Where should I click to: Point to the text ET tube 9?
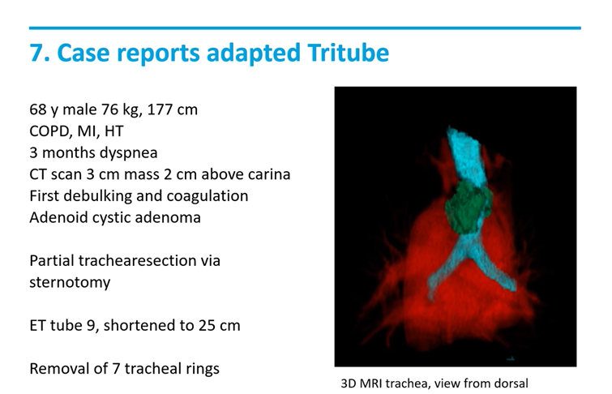(66, 326)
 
